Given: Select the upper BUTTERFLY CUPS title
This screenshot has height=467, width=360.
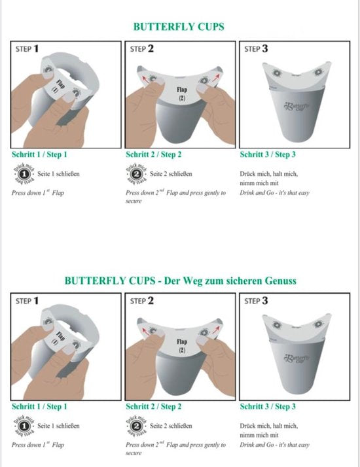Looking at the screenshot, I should click(x=179, y=27).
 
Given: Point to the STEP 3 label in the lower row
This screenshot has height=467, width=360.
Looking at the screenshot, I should click(x=255, y=301).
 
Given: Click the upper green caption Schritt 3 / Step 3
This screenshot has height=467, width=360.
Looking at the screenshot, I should click(x=268, y=154).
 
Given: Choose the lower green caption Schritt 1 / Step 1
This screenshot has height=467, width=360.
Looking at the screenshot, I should click(x=39, y=406).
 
